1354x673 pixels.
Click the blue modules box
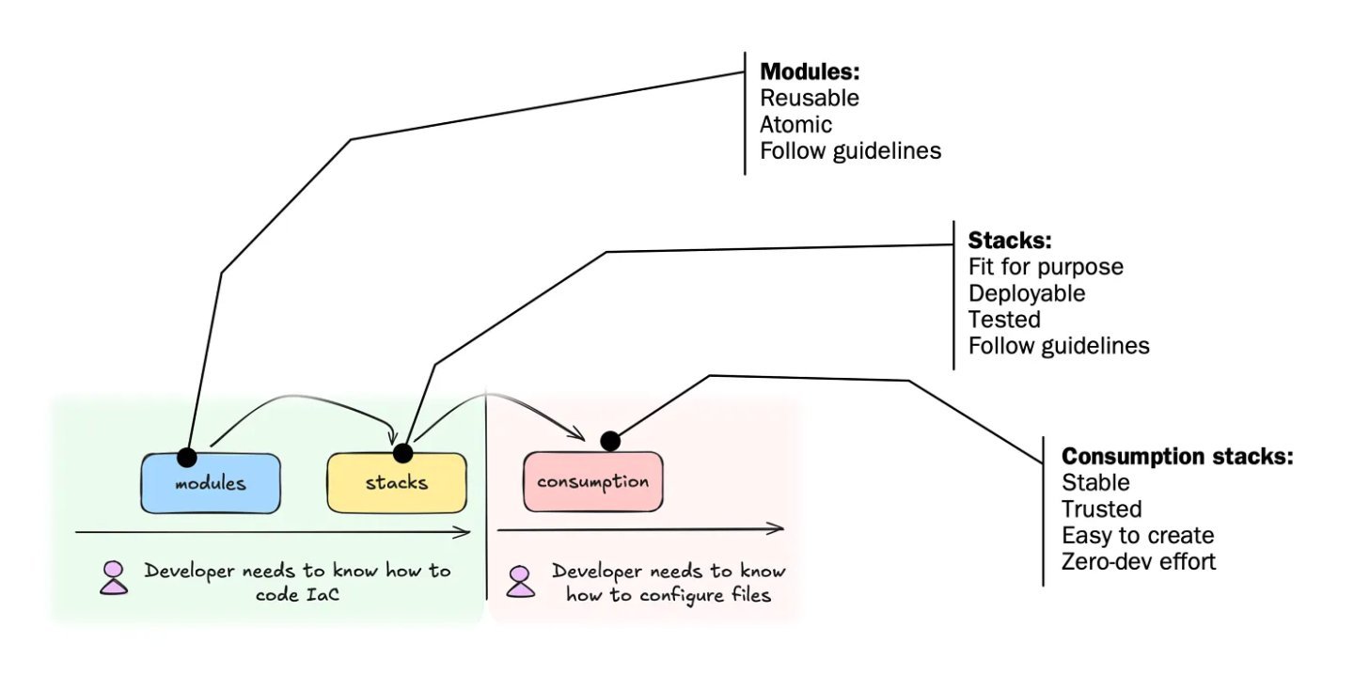211,483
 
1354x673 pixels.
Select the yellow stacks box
396,483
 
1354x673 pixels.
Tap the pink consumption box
592,482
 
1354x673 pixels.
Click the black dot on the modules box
187,457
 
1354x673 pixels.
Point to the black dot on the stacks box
402,453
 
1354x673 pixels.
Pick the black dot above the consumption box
609,440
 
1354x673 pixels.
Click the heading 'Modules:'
810,72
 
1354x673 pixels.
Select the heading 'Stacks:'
1010,240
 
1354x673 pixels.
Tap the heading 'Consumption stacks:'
1177,457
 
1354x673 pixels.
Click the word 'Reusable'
809,98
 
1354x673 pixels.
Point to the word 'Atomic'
795,124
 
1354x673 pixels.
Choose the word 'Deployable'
1026,293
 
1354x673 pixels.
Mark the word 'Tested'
1004,320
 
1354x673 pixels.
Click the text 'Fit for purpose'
1045,267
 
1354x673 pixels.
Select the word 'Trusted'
1101,509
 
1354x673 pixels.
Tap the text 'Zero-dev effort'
1139,562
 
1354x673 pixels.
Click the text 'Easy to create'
1138,536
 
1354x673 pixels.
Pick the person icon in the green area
114,578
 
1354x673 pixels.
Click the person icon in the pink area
520,582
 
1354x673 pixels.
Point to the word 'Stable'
1095,483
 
